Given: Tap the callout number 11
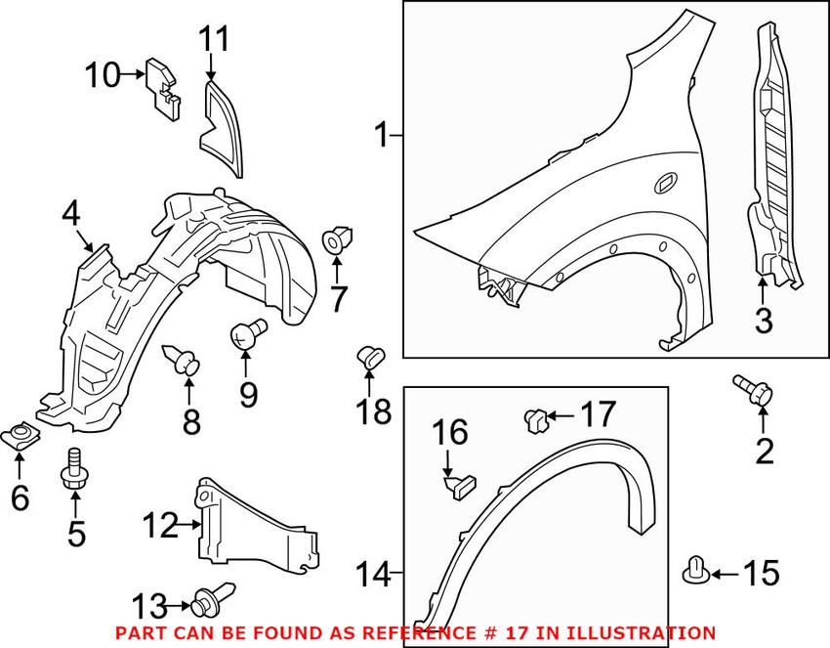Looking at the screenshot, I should click(x=215, y=40).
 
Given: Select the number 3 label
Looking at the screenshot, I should click(x=764, y=319).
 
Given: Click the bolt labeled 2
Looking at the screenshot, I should click(x=752, y=390).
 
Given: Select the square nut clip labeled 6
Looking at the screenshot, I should click(x=18, y=433).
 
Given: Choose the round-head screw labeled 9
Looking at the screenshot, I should click(x=246, y=334).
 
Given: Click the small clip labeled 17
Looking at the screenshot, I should click(x=534, y=419).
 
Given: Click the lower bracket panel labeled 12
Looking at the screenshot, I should click(x=259, y=528).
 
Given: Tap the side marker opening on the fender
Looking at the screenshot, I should click(x=668, y=181).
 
